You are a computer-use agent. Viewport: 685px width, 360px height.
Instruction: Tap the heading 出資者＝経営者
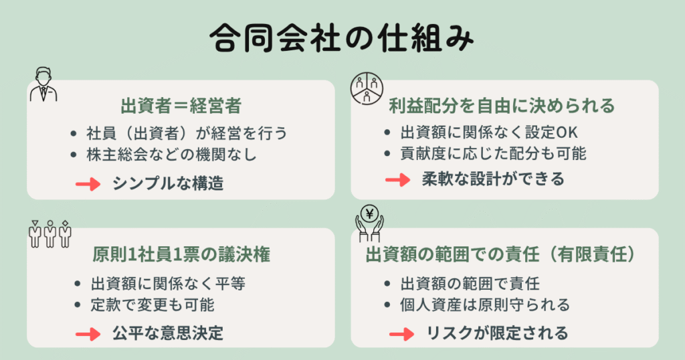(181, 106)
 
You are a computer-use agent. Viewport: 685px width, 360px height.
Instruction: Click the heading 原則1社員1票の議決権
(181, 255)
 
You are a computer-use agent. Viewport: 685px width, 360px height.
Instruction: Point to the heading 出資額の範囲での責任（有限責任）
(504, 255)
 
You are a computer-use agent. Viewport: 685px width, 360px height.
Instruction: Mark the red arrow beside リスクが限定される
(401, 333)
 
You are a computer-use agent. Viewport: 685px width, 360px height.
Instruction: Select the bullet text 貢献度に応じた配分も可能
(493, 153)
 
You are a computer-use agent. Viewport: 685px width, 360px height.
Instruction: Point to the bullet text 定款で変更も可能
(153, 305)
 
